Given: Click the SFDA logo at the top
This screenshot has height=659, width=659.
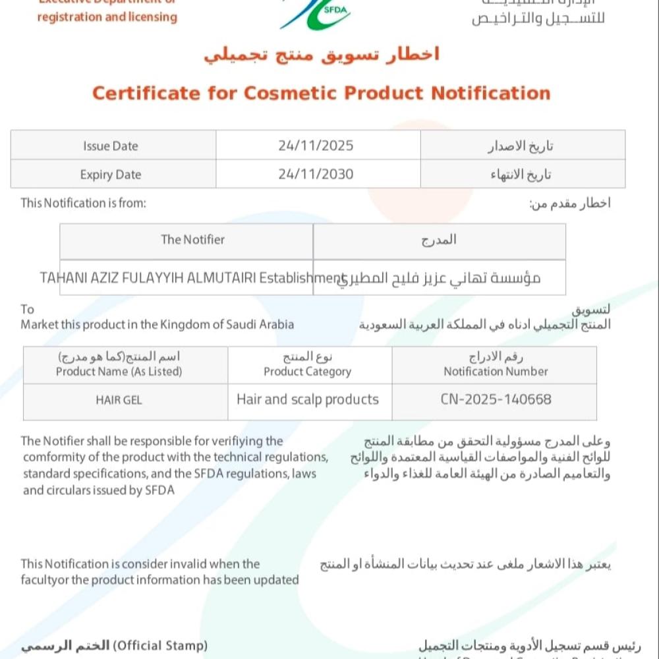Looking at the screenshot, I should pyautogui.click(x=315, y=13).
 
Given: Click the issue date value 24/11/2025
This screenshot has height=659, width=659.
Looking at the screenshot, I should pyautogui.click(x=316, y=146).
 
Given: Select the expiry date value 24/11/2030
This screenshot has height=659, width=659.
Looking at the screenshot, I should pyautogui.click(x=316, y=175).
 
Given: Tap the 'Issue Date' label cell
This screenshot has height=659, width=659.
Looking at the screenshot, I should pyautogui.click(x=111, y=146).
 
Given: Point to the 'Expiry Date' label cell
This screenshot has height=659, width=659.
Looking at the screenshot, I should pyautogui.click(x=111, y=175).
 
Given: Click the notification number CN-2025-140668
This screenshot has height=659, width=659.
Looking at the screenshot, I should pyautogui.click(x=496, y=399).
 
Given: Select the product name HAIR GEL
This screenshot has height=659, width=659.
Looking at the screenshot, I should pyautogui.click(x=119, y=400).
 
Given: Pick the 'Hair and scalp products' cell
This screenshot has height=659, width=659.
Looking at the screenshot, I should pyautogui.click(x=308, y=399).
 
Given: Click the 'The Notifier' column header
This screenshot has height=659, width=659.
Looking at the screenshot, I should pyautogui.click(x=192, y=240).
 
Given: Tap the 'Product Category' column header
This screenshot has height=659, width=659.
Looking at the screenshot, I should pyautogui.click(x=308, y=372).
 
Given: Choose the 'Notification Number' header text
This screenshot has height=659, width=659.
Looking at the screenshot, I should pyautogui.click(x=496, y=372).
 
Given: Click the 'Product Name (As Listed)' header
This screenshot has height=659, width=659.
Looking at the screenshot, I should pyautogui.click(x=119, y=372).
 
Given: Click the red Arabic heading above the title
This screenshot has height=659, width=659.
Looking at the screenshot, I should pyautogui.click(x=322, y=55).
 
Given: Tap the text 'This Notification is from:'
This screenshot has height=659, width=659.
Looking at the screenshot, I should pyautogui.click(x=83, y=203).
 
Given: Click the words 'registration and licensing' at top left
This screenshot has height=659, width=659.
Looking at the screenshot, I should pyautogui.click(x=107, y=17).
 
